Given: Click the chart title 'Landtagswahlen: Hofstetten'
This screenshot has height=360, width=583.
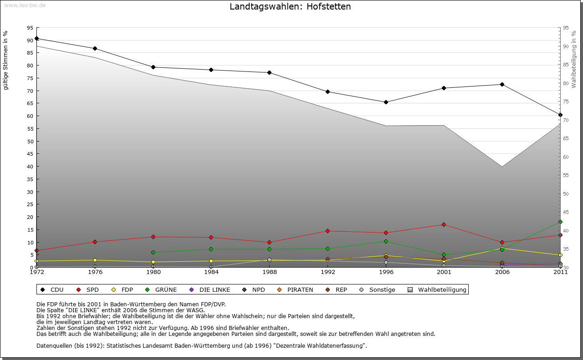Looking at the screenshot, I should [290, 7].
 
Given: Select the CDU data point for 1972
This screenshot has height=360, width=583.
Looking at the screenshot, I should [36, 38].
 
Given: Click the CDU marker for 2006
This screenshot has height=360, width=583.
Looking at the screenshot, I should [502, 84].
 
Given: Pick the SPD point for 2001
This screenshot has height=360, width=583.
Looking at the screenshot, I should [444, 224].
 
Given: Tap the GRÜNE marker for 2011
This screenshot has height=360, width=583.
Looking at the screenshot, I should [560, 222].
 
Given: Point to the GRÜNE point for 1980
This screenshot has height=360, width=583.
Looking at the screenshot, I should [153, 252].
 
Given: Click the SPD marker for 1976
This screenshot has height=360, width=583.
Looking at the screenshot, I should [95, 242].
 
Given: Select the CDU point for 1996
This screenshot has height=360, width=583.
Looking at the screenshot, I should [386, 102].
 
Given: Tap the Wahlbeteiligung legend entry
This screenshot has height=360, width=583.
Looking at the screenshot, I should [437, 289].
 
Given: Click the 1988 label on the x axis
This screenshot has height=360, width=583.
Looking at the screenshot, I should [270, 272].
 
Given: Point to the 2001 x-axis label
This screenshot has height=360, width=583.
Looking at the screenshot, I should [444, 272].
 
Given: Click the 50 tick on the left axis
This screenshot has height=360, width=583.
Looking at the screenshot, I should [30, 141].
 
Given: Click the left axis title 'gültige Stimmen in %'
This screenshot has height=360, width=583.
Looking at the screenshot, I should [6, 61].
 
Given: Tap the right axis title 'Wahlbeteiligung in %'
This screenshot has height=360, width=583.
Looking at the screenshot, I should [574, 59].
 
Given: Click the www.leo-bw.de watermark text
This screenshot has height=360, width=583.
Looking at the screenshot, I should [25, 5].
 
